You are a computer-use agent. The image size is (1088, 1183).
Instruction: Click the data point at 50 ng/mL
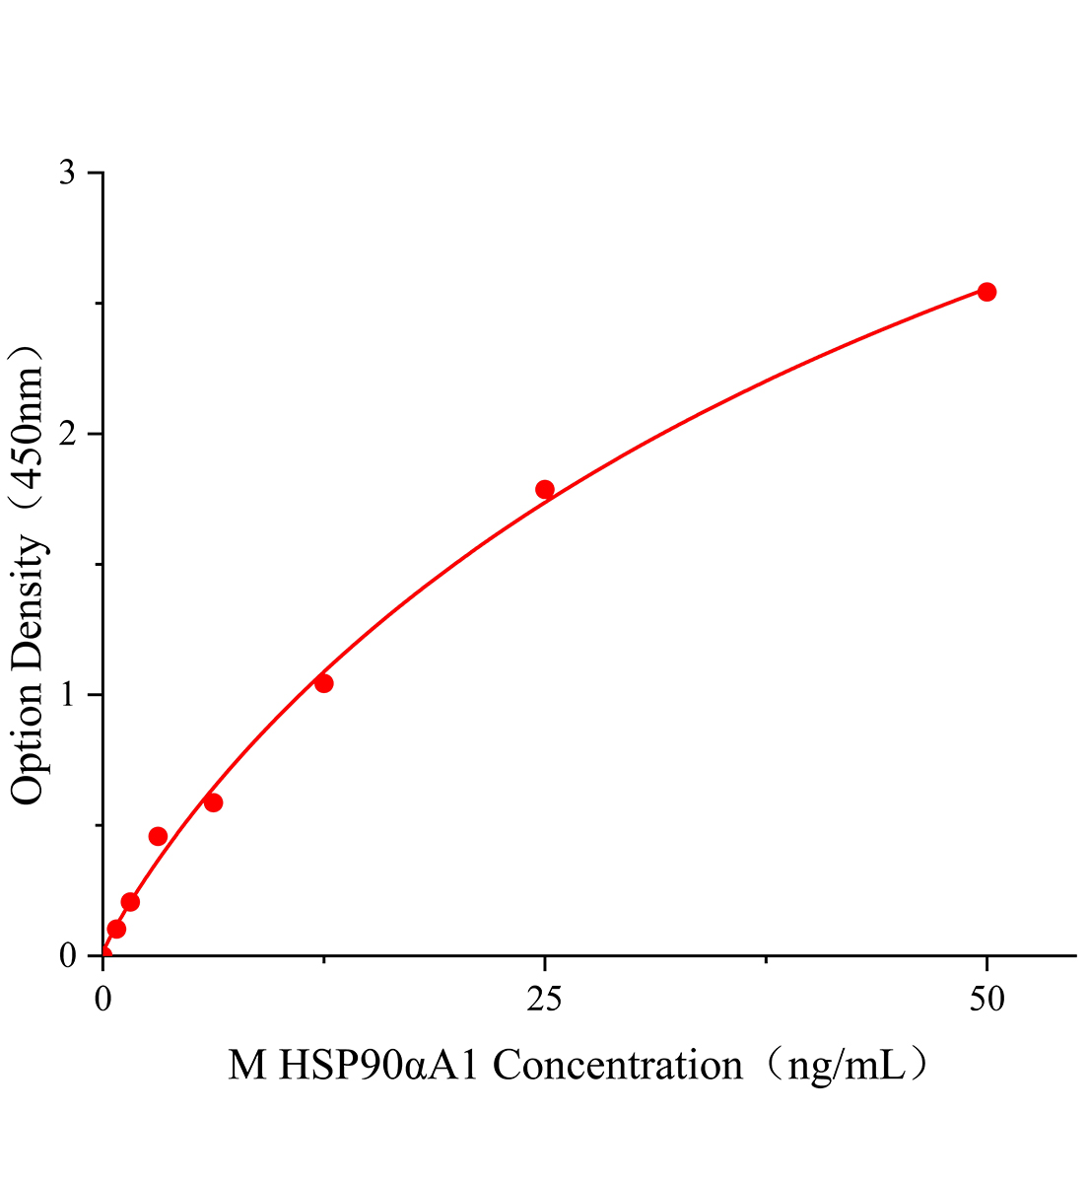[986, 292]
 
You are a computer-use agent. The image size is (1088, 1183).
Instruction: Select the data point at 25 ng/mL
[545, 490]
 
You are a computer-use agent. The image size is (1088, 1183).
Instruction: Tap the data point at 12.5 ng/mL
[323, 683]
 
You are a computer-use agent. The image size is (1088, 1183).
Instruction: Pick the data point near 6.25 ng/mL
[213, 802]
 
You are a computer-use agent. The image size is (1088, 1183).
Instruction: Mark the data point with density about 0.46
[158, 836]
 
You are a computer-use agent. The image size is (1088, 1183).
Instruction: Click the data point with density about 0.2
[130, 902]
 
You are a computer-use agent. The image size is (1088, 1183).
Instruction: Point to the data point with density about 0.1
[116, 929]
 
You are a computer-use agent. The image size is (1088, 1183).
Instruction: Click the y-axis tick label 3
[68, 174]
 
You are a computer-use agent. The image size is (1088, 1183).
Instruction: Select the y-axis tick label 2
[68, 435]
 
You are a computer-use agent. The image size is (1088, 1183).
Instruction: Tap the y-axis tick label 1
[68, 695]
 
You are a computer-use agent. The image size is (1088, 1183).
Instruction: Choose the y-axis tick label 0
[68, 956]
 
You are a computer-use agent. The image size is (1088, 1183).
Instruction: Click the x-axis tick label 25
[545, 1000]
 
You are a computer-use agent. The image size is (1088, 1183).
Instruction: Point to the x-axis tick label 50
[986, 1000]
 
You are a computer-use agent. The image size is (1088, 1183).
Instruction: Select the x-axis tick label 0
[103, 1000]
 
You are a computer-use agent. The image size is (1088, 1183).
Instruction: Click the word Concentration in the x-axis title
[618, 1066]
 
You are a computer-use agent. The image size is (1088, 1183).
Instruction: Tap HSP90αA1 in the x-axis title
[378, 1066]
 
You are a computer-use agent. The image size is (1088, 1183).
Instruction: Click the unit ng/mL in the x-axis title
[844, 1066]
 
